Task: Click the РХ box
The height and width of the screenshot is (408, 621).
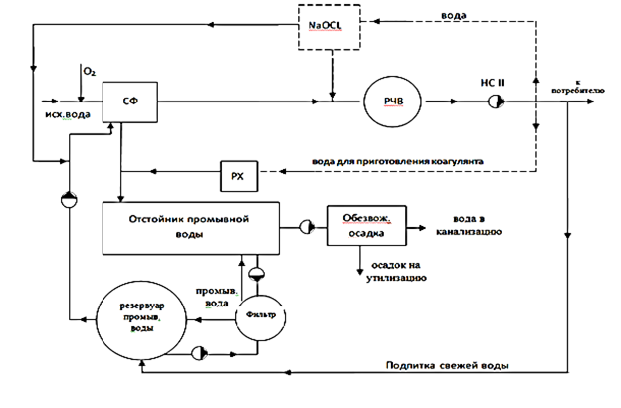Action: point(239,177)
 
